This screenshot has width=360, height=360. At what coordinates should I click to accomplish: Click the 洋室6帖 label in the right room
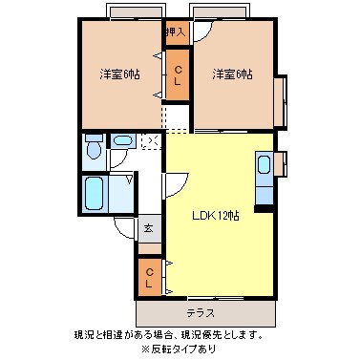pos(232,74)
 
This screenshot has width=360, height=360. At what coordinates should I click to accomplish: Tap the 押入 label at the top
pos(176,32)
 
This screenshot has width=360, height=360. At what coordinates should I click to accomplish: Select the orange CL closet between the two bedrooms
pos(178,74)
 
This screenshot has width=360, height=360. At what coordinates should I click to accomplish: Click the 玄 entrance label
pos(148,229)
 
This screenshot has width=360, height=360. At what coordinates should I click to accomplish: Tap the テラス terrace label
pos(201,312)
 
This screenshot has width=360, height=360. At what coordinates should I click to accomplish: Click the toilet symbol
pos(94,149)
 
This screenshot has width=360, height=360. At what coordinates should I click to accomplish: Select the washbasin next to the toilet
pos(122,142)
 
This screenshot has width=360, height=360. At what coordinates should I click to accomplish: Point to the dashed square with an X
pos(149,141)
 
